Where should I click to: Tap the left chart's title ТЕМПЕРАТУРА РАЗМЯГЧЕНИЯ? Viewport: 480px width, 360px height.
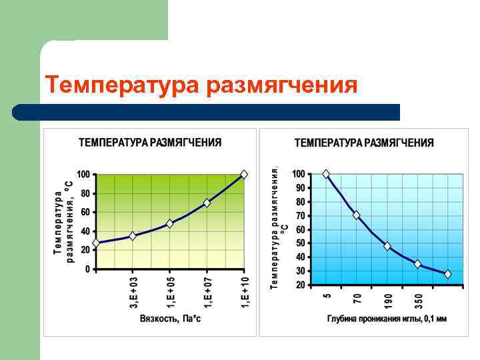tap(150, 142)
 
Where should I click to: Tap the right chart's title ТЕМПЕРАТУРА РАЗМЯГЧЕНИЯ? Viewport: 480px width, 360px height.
tap(364, 143)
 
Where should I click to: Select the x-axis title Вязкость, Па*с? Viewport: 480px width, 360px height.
tap(170, 319)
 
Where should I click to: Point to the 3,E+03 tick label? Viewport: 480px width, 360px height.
tap(133, 291)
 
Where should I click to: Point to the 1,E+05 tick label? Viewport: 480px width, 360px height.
tap(171, 291)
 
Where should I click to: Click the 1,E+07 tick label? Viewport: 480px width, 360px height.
tap(207, 291)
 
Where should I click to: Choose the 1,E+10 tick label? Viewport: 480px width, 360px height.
tap(245, 291)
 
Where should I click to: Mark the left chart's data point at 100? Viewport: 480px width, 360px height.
tap(244, 174)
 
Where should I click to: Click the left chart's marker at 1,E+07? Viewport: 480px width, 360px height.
tap(207, 203)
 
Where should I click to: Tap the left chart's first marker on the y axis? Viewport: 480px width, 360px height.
tap(96, 243)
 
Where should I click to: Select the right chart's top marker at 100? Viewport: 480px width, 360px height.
tap(326, 174)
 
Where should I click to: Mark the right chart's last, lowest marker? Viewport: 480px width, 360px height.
tap(447, 274)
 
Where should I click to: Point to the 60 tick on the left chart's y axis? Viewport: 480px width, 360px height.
tap(85, 212)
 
